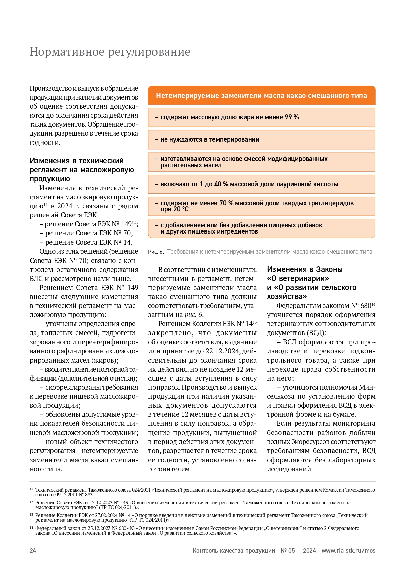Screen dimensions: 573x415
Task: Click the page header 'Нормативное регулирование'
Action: tap(110, 52)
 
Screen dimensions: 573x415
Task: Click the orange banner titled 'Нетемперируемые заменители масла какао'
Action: tap(261, 96)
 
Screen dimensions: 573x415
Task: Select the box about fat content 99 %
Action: tap(261, 117)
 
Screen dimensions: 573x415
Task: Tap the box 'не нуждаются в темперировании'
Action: tap(261, 140)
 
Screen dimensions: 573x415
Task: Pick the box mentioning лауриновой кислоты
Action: tap(261, 184)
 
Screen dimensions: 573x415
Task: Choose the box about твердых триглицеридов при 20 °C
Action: tap(261, 206)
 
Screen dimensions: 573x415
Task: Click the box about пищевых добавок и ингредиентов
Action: tap(261, 228)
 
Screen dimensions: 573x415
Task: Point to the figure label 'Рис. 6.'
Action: tap(156, 252)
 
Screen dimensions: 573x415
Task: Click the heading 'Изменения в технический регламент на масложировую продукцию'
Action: tap(82, 170)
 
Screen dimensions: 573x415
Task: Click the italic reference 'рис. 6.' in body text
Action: tap(194, 315)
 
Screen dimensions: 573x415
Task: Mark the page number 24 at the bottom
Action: tap(33, 551)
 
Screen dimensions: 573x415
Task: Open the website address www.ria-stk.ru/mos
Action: tap(348, 551)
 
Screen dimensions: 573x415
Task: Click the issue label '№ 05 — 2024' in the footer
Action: tap(298, 551)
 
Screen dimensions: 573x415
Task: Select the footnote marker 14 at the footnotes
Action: tap(31, 528)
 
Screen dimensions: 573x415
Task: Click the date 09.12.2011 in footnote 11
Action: tap(67, 495)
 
